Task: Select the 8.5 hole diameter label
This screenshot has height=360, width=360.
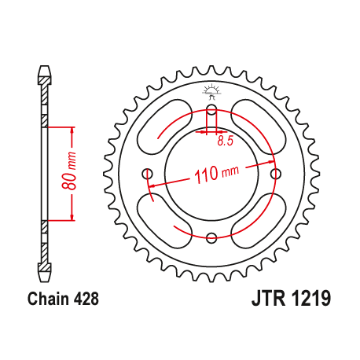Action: click(226, 141)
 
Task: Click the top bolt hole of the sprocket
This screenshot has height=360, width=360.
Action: click(210, 109)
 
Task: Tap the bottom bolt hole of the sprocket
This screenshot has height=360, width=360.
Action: click(210, 237)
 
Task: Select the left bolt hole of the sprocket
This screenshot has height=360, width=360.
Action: click(146, 174)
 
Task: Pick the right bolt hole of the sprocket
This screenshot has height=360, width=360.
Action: click(274, 174)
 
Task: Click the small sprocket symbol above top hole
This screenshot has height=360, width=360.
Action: click(210, 90)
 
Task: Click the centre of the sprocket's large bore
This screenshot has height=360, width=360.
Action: click(210, 174)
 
